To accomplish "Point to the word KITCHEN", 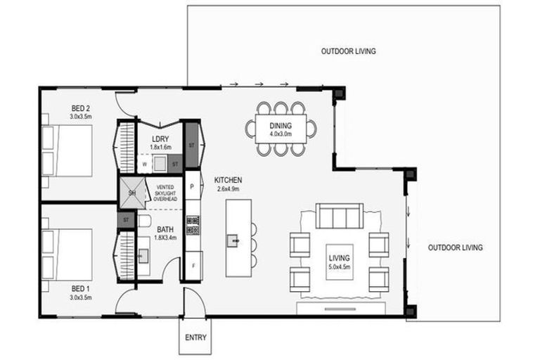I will click(x=229, y=181).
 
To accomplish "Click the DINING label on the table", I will click(x=281, y=127).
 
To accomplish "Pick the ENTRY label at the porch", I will click(x=195, y=337).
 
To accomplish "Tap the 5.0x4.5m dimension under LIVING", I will click(x=339, y=267).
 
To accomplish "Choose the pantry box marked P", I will click(x=193, y=187).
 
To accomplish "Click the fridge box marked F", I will click(x=193, y=266).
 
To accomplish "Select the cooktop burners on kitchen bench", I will click(x=193, y=225).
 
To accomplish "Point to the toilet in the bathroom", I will click(x=144, y=222).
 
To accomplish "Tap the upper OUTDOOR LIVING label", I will click(x=348, y=51).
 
